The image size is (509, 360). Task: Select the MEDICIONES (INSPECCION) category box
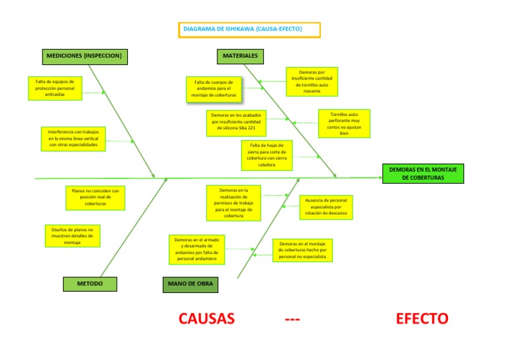(85, 56)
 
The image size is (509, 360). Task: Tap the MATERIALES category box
(240, 56)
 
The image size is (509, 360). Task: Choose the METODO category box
(90, 284)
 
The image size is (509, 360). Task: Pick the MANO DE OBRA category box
(190, 284)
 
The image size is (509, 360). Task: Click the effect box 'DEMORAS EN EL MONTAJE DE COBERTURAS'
(424, 174)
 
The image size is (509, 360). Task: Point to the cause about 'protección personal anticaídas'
(55, 88)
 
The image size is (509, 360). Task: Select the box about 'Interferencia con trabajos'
(73, 139)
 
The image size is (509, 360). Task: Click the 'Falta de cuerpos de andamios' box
(213, 89)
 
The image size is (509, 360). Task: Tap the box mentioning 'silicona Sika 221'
(235, 123)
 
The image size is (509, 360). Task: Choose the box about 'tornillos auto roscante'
(311, 82)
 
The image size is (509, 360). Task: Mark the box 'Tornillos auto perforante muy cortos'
(343, 123)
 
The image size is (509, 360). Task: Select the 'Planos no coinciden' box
(95, 197)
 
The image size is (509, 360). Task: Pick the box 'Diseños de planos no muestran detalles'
(72, 236)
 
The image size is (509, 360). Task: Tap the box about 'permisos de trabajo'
(233, 203)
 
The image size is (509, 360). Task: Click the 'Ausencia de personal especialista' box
(326, 207)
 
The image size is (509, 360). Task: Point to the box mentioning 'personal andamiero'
(196, 249)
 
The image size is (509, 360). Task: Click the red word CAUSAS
(207, 319)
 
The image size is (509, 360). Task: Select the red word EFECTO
(422, 319)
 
